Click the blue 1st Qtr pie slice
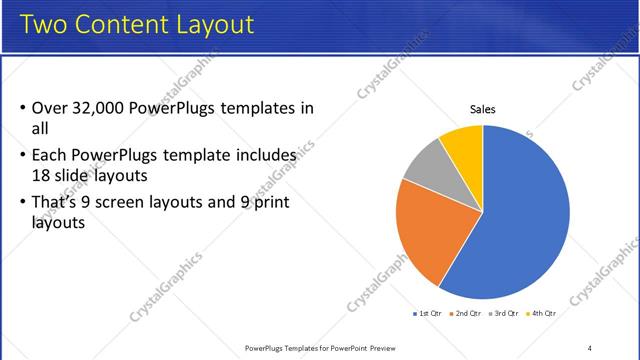click(520, 220)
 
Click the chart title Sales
click(483, 110)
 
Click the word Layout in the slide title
click(213, 23)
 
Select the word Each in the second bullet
click(49, 156)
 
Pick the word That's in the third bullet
click(58, 204)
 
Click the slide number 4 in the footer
click(589, 348)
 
